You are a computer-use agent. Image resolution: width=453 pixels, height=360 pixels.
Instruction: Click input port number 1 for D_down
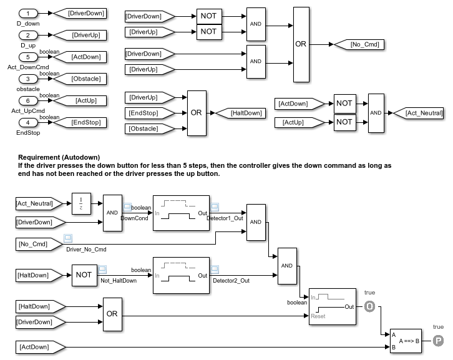(x=27, y=13)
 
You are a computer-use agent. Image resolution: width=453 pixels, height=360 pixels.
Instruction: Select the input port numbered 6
(x=27, y=101)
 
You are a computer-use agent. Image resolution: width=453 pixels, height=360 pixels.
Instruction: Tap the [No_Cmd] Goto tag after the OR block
(x=357, y=44)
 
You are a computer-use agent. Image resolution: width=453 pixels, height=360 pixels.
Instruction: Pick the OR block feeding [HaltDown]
(x=197, y=113)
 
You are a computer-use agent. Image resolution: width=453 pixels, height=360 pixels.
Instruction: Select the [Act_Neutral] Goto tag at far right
(x=418, y=113)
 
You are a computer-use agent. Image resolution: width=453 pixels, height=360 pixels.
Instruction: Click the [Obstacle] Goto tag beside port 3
(x=77, y=79)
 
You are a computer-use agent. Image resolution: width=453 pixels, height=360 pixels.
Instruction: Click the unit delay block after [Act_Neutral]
(x=82, y=203)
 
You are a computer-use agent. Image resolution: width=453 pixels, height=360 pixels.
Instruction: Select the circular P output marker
(x=438, y=341)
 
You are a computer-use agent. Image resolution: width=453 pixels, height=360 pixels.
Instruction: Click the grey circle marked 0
(x=369, y=306)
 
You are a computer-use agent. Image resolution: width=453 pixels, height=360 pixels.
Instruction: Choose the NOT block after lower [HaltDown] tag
(x=84, y=274)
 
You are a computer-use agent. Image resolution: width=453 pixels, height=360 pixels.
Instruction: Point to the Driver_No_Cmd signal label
(x=86, y=250)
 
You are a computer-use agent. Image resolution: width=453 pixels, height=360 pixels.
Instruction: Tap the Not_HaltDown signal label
(x=119, y=281)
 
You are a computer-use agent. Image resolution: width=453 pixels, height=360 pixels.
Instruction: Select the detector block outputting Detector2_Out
(x=181, y=275)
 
